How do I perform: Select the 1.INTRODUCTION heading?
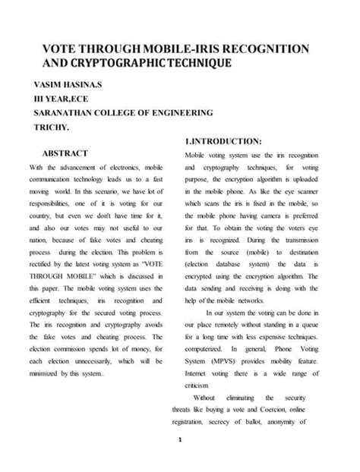[224, 141]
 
